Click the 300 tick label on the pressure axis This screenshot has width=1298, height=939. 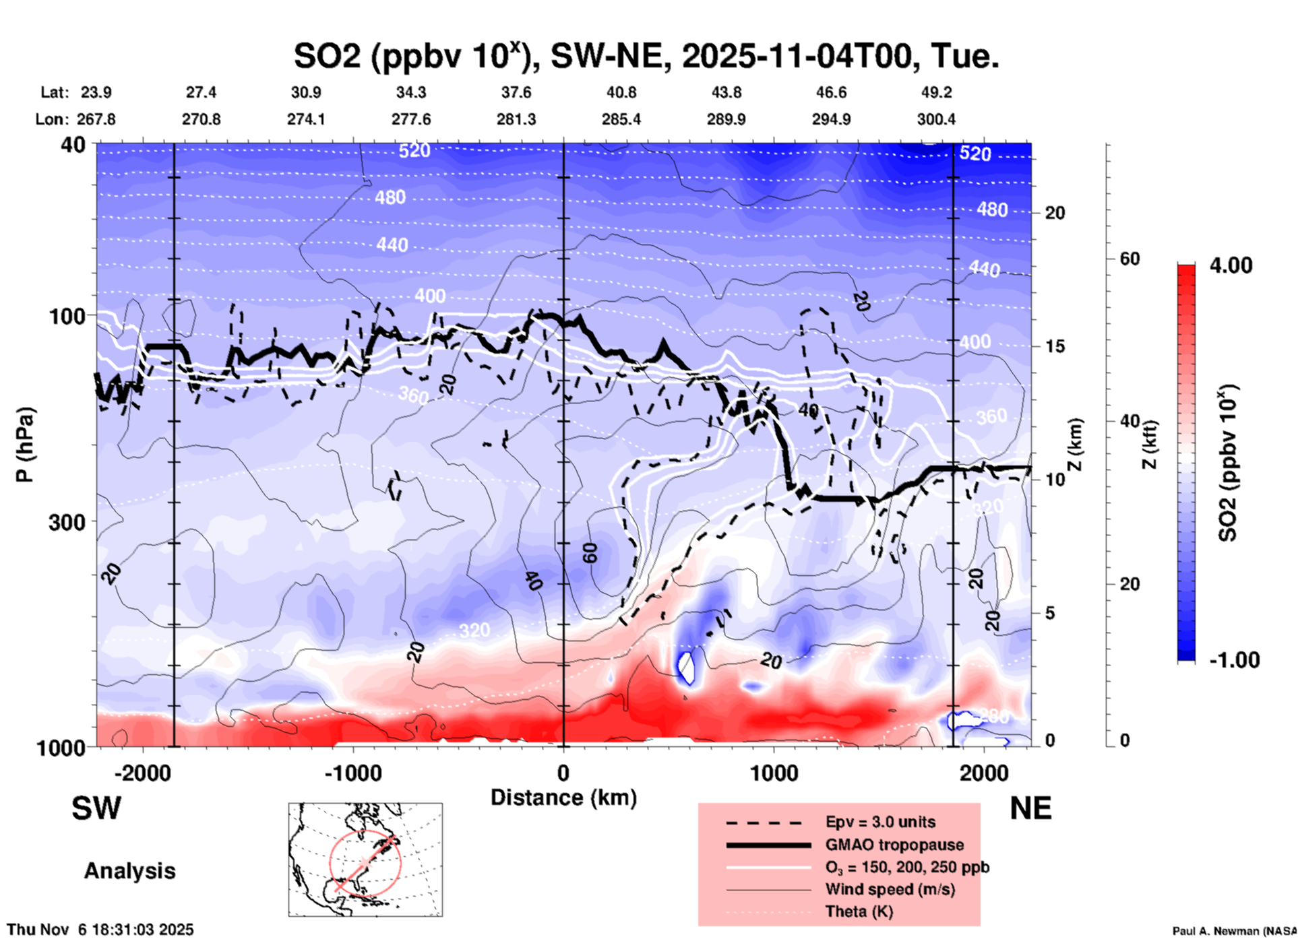pyautogui.click(x=67, y=522)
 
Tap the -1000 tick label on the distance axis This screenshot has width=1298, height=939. pyautogui.click(x=353, y=773)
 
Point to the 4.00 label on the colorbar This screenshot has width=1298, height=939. pyautogui.click(x=1231, y=265)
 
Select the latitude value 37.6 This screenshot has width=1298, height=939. pyautogui.click(x=516, y=92)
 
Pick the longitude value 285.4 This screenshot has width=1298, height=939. pyautogui.click(x=621, y=119)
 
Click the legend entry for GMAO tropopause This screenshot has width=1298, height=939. pyautogui.click(x=894, y=845)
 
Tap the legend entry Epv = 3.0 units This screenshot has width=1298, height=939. pyautogui.click(x=880, y=822)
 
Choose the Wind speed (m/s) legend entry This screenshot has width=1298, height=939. pyautogui.click(x=890, y=889)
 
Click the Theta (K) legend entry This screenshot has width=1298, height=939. pyautogui.click(x=859, y=911)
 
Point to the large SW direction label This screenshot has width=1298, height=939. pyautogui.click(x=96, y=808)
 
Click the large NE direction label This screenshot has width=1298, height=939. pyautogui.click(x=1030, y=808)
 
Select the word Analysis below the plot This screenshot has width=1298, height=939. pyautogui.click(x=129, y=871)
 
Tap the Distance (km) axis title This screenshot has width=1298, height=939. pyautogui.click(x=563, y=798)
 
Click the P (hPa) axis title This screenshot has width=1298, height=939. pyautogui.click(x=24, y=445)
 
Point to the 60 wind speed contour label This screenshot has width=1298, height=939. pyautogui.click(x=590, y=553)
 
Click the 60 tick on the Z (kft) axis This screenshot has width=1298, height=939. pyautogui.click(x=1130, y=259)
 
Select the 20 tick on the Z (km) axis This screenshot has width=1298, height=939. pyautogui.click(x=1055, y=213)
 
